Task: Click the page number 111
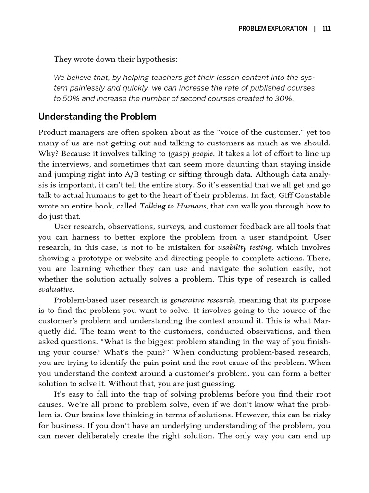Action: pyautogui.click(x=326, y=28)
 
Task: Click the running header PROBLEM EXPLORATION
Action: pyautogui.click(x=272, y=28)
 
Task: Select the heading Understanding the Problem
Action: pyautogui.click(x=97, y=117)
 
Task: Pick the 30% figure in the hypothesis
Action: pyautogui.click(x=281, y=98)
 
